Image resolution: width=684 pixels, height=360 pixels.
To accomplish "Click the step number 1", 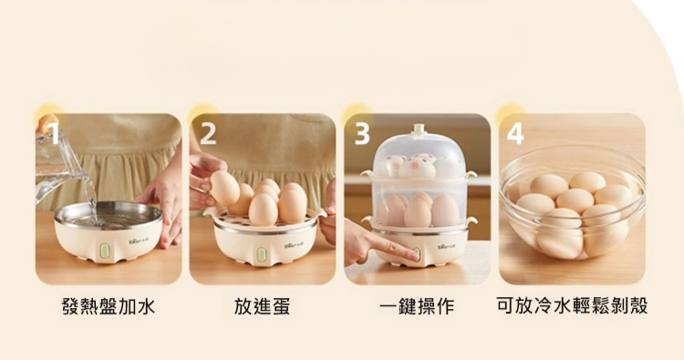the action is [x=54, y=133].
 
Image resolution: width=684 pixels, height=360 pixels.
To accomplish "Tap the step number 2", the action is [x=208, y=133].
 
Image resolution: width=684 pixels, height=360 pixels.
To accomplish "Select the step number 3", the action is [x=362, y=133].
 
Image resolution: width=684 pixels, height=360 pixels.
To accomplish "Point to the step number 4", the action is [x=515, y=133].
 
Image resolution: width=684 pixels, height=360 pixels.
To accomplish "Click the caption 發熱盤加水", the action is [x=109, y=306].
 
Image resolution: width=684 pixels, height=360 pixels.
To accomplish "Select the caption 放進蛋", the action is [x=262, y=306].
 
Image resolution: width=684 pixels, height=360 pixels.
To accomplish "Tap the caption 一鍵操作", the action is [x=417, y=306].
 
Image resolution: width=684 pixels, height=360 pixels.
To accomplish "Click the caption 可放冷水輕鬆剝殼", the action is [x=572, y=306].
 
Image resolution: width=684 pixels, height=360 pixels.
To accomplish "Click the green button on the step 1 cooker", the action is [x=104, y=250].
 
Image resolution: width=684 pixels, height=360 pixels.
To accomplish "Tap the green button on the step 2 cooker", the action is [x=262, y=254].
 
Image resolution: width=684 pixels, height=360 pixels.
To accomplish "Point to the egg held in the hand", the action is [x=224, y=188].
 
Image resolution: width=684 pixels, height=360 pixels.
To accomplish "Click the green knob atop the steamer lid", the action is [x=419, y=129].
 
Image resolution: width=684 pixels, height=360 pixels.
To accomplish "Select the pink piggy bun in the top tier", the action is [x=417, y=168].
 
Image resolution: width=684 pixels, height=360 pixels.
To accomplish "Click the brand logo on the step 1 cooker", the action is [x=139, y=241].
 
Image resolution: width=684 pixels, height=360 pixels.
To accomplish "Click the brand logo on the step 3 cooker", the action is [x=447, y=247].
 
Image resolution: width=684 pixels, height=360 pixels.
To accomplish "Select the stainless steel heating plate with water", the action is [x=109, y=215].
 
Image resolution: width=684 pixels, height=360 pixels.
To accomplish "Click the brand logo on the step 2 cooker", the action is [x=295, y=245].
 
